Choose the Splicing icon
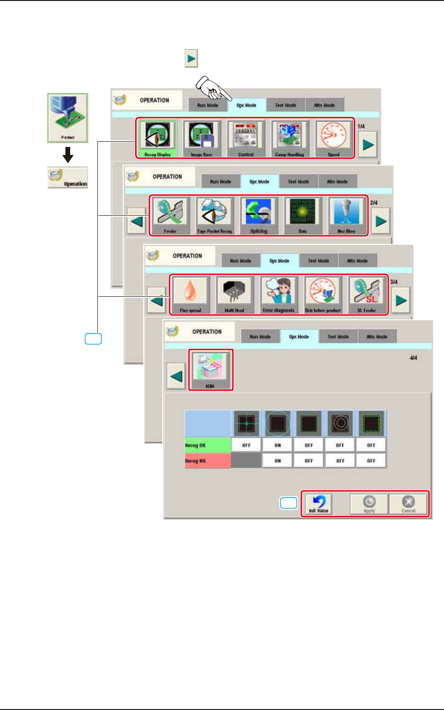(x=258, y=214)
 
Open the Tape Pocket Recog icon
(x=214, y=214)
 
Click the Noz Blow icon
(x=347, y=214)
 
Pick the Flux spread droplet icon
(x=190, y=293)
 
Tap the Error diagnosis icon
(x=278, y=293)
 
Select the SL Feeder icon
(x=367, y=293)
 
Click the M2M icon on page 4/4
(x=210, y=369)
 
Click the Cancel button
(x=408, y=504)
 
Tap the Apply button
(x=369, y=504)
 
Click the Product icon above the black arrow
(x=68, y=118)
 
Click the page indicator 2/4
(x=374, y=203)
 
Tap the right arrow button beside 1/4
(x=368, y=144)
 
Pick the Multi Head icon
(x=234, y=293)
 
